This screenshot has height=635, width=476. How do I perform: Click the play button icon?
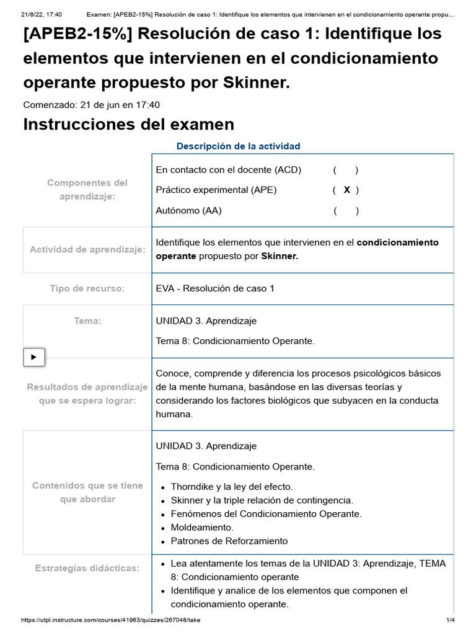click(x=33, y=357)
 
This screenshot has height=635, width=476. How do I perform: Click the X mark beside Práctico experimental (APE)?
click(x=346, y=190)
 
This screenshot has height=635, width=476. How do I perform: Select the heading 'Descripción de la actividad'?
click(x=238, y=146)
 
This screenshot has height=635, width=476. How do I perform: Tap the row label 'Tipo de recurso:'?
click(x=87, y=288)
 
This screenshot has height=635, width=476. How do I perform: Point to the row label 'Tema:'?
click(x=87, y=321)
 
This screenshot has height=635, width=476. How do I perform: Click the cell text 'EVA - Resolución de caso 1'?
click(x=215, y=288)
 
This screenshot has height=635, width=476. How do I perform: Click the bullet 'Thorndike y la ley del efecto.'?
click(x=232, y=487)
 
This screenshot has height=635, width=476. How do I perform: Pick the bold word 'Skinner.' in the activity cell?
click(x=280, y=255)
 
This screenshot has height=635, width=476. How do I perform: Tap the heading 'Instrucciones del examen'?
click(x=128, y=124)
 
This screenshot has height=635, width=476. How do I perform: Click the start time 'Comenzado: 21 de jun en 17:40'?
click(x=91, y=105)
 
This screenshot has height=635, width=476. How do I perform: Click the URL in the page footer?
click(x=110, y=620)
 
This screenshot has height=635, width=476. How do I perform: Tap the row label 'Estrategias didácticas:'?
click(x=87, y=567)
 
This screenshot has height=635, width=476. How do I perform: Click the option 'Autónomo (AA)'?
click(x=188, y=210)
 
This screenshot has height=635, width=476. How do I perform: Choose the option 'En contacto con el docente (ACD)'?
click(x=228, y=170)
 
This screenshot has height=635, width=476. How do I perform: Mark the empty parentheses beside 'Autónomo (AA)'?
click(x=345, y=210)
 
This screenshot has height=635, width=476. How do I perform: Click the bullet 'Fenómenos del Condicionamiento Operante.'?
click(x=266, y=513)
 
